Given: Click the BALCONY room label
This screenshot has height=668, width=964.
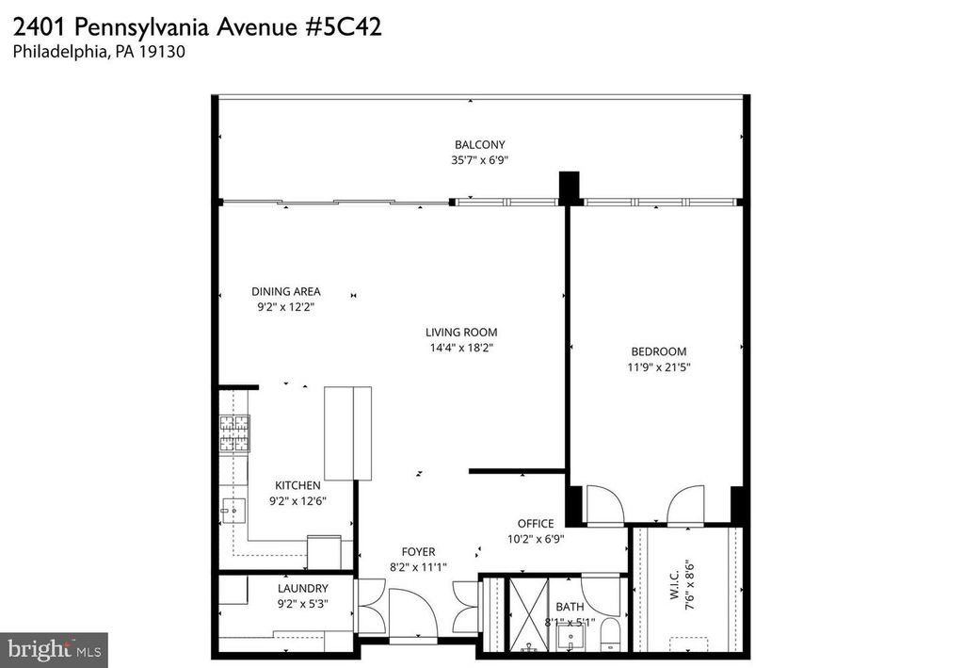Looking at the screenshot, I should click(x=480, y=145).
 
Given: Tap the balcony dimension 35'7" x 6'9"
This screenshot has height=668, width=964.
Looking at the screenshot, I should click(x=480, y=160).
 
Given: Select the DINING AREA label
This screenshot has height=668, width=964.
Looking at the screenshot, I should click(x=286, y=292).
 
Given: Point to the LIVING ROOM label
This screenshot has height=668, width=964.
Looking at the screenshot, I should click(x=460, y=333).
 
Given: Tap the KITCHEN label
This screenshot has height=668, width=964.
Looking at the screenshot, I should click(x=297, y=485).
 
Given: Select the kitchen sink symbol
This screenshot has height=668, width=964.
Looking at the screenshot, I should click(x=233, y=512).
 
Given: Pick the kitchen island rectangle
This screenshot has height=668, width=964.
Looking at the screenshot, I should click(x=347, y=433).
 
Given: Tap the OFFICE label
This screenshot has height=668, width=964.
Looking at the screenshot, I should click(x=536, y=524).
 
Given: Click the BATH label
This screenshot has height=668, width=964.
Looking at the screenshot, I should click(x=570, y=608).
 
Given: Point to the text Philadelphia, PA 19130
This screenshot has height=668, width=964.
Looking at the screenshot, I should click(x=99, y=53).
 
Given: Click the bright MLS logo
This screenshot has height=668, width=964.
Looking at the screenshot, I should click(x=54, y=650).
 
